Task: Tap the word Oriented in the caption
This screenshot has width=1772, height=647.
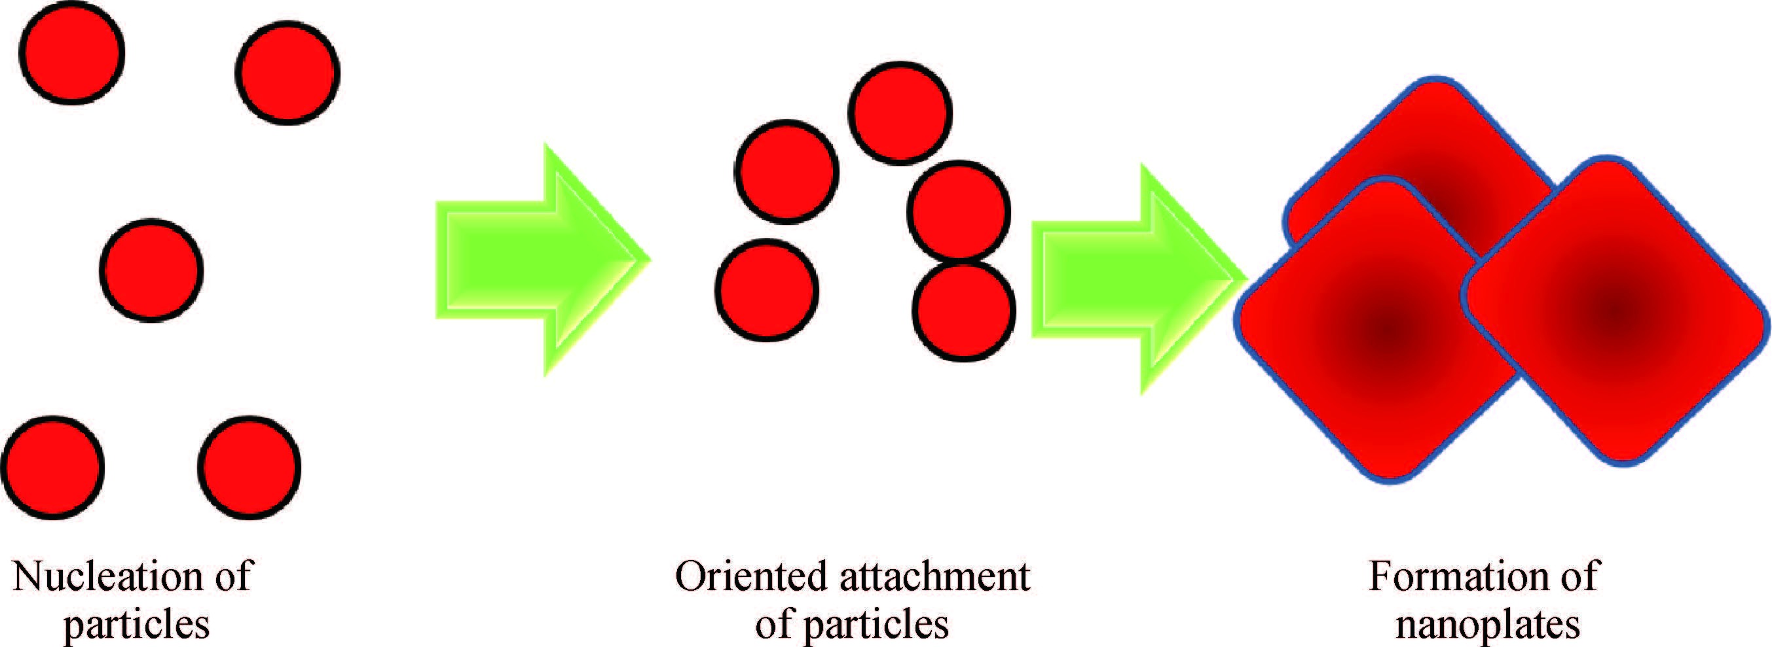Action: click(x=752, y=576)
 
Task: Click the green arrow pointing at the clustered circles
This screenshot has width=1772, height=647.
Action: click(x=543, y=260)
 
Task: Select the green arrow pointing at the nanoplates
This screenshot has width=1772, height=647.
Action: click(x=1140, y=279)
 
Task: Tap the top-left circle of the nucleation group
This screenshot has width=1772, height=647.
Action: click(x=72, y=53)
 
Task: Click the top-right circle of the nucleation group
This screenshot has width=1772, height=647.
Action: click(x=287, y=73)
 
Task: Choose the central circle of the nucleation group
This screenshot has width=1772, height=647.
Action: click(x=151, y=270)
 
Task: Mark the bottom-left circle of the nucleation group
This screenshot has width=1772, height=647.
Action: click(x=53, y=468)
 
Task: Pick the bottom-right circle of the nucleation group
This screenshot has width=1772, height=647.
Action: click(x=249, y=468)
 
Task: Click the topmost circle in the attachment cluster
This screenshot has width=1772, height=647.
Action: click(x=900, y=113)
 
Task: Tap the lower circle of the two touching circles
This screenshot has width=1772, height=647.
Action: click(x=964, y=310)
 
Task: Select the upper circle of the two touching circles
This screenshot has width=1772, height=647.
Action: click(x=959, y=212)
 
